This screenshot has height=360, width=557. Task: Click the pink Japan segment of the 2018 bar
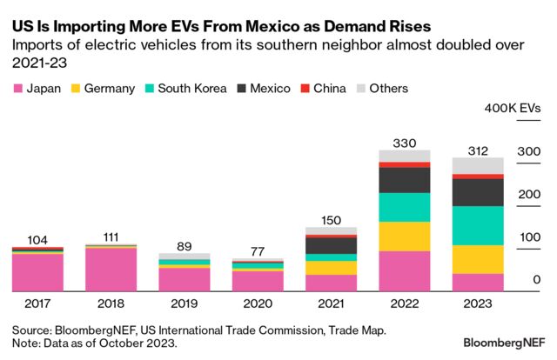click(x=111, y=270)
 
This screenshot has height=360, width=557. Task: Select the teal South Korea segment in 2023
click(x=478, y=225)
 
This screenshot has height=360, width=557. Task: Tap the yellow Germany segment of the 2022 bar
click(x=404, y=237)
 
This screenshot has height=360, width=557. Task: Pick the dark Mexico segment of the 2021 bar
click(x=331, y=246)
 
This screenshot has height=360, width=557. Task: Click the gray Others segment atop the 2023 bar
click(x=478, y=165)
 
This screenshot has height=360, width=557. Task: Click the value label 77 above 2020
click(x=257, y=250)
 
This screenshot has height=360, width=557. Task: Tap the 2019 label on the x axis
click(x=184, y=303)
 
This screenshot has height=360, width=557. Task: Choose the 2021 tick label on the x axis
click(x=331, y=303)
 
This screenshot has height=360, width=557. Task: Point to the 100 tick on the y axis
click(x=528, y=237)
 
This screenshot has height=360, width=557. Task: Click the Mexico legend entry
click(x=275, y=88)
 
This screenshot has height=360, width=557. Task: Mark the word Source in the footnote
click(x=32, y=330)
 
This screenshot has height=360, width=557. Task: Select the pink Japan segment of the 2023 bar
click(x=478, y=283)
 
